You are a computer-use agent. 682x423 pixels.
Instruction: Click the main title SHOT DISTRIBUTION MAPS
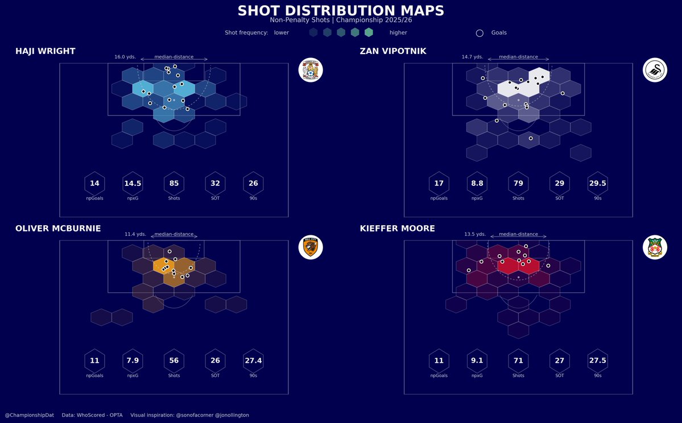click(341, 11)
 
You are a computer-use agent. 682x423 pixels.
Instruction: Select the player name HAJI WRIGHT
click(45, 51)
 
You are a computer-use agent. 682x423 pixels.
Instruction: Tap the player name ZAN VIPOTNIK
click(392, 51)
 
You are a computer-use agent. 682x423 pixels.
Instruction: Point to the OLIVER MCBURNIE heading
click(58, 229)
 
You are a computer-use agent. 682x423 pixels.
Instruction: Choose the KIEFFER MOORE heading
click(397, 229)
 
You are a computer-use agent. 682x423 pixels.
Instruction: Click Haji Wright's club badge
click(311, 70)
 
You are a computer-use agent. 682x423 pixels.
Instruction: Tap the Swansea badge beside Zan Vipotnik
click(655, 70)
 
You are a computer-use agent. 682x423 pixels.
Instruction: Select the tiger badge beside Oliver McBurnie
click(311, 247)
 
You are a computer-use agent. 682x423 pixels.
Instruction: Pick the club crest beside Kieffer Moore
click(655, 247)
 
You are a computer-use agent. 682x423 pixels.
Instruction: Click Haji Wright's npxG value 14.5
click(133, 184)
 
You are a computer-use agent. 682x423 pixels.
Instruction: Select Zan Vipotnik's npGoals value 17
click(439, 184)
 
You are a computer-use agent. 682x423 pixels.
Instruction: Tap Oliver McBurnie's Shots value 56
click(174, 360)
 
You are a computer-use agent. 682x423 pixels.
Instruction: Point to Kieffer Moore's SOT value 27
click(560, 360)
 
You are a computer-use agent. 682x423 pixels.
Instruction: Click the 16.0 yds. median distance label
click(125, 57)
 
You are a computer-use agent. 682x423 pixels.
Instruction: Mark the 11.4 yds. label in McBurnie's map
click(135, 234)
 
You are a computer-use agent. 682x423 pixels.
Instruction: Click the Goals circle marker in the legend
click(480, 33)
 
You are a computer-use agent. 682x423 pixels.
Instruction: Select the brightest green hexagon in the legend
click(369, 32)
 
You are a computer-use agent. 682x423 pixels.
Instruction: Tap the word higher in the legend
click(398, 33)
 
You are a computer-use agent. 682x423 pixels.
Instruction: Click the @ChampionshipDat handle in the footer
click(29, 415)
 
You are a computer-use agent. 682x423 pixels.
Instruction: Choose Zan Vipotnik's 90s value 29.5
click(597, 184)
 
